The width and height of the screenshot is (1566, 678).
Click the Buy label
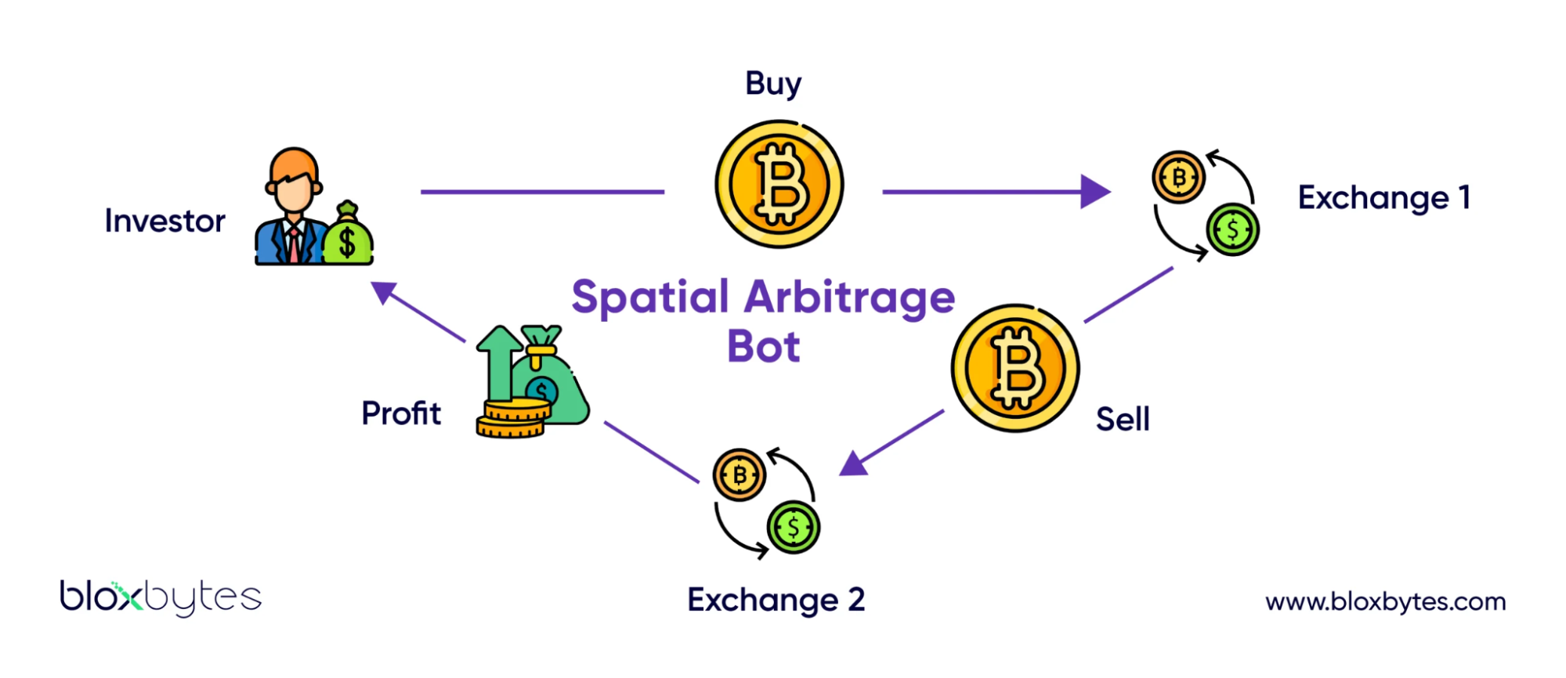[772, 84]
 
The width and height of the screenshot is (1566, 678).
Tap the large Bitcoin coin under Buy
[779, 184]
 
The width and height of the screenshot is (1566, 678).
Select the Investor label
[165, 222]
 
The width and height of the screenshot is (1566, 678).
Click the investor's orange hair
[293, 162]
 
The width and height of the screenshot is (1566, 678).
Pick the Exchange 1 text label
[1383, 198]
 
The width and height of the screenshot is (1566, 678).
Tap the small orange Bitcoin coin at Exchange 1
[1177, 178]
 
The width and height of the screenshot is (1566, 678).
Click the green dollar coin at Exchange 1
[1232, 230]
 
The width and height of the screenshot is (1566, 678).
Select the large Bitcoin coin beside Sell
[1014, 368]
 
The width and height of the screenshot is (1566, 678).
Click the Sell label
[1122, 420]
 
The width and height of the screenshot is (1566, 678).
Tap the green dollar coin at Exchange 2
[793, 528]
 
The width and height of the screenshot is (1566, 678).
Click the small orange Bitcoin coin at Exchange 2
[739, 475]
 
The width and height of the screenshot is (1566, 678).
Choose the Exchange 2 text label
[776, 600]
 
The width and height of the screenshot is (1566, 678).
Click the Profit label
[401, 413]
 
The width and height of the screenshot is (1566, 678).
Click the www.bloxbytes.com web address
[1385, 602]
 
